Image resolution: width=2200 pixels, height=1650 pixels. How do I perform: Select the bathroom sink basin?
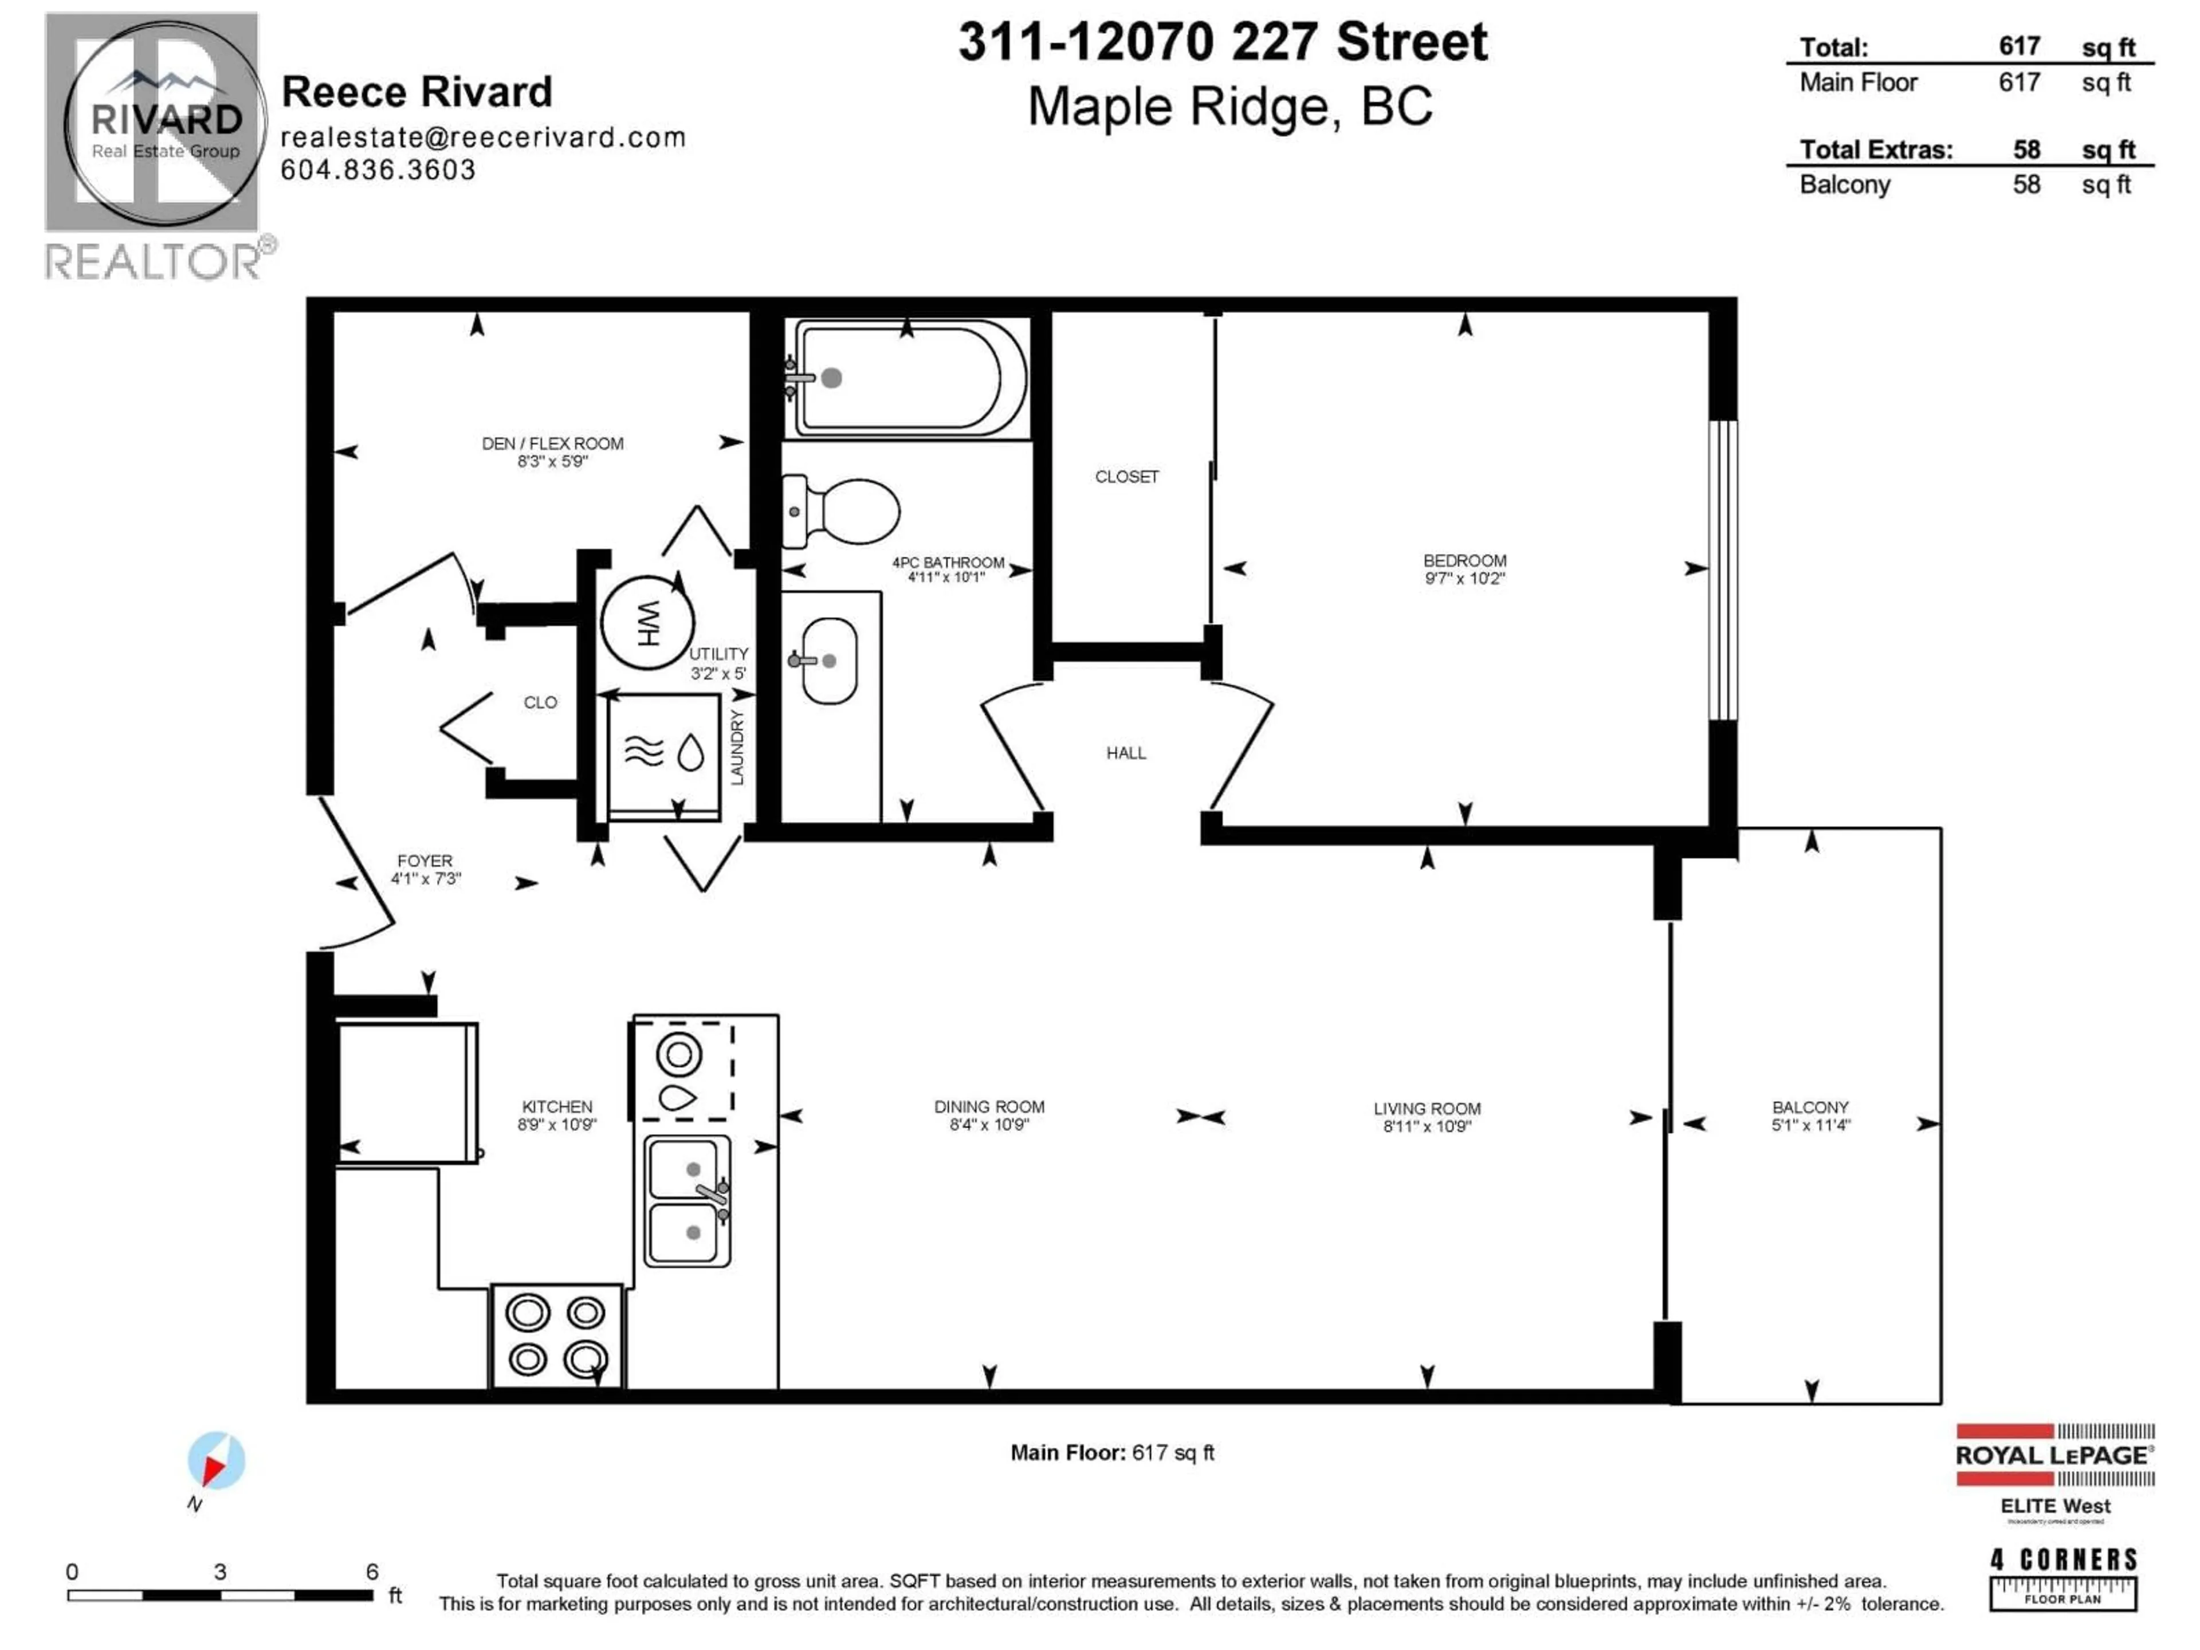click(828, 661)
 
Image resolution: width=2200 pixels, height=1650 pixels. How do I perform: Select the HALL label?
click(1126, 753)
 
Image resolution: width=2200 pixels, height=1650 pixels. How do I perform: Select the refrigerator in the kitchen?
click(407, 1092)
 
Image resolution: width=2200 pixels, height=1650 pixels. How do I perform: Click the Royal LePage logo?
click(2055, 1455)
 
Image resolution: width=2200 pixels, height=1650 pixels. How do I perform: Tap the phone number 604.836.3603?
click(378, 170)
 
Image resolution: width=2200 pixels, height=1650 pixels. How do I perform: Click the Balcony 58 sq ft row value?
click(2026, 185)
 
